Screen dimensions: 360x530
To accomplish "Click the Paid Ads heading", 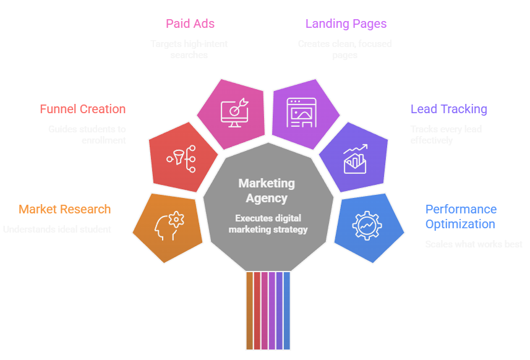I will click(x=190, y=24).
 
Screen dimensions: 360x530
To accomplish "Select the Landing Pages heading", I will click(x=346, y=24).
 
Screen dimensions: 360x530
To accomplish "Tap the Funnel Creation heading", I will click(x=83, y=109).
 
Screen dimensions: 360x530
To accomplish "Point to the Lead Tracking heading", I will click(x=449, y=109).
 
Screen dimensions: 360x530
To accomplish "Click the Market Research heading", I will click(x=65, y=209).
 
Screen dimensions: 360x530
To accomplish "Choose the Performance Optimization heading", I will click(x=461, y=216).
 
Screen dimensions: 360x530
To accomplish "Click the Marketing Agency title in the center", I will click(x=267, y=191).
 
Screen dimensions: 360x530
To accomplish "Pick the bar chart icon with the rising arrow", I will click(x=356, y=159).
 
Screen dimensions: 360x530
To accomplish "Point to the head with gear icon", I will click(x=168, y=226).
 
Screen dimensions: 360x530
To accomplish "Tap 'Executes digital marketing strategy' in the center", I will click(x=268, y=224).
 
